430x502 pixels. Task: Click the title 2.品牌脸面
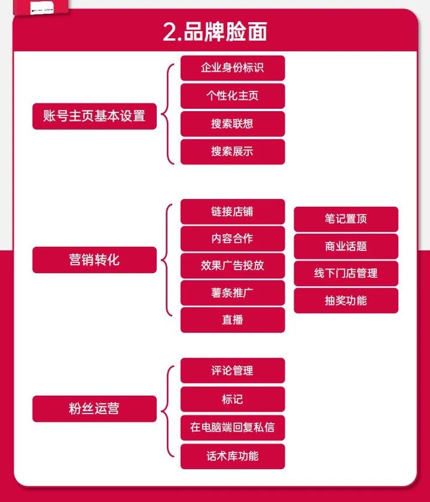click(215, 31)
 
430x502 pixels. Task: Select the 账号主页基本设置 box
click(94, 116)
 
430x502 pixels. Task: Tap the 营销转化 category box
click(94, 260)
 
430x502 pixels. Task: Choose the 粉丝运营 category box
click(94, 409)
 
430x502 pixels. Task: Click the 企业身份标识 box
click(232, 68)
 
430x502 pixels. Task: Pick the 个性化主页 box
click(232, 96)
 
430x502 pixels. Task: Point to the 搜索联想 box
click(232, 124)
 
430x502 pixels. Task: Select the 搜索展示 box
click(232, 151)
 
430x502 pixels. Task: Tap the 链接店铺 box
click(232, 212)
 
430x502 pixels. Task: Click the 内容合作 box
click(232, 238)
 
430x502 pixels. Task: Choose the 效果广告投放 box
click(232, 265)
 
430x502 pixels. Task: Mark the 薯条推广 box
click(232, 293)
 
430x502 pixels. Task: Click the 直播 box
click(232, 320)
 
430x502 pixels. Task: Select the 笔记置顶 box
click(346, 219)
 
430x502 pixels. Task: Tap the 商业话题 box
click(346, 246)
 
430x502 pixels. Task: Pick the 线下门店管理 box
click(346, 273)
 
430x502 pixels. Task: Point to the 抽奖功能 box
click(346, 301)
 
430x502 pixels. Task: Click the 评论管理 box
click(232, 371)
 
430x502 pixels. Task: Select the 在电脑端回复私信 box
click(232, 428)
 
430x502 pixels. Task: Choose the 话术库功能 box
click(232, 456)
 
